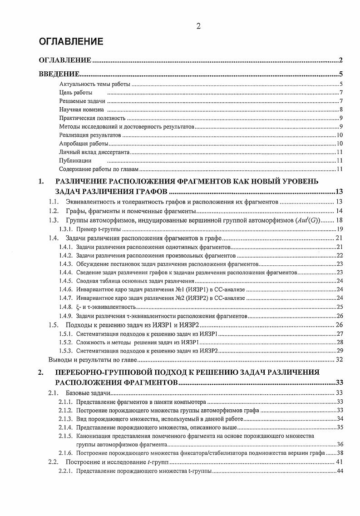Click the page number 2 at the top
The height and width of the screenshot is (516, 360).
[198, 26]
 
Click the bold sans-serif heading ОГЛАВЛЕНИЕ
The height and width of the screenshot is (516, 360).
[71, 42]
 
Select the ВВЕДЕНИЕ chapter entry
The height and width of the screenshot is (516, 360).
[59, 74]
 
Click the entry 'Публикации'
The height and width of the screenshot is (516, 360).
[75, 160]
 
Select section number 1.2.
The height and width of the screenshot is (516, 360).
[54, 211]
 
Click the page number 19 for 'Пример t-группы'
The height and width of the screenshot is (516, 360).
[339, 229]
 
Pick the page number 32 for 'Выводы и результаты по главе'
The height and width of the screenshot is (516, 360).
[339, 360]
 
